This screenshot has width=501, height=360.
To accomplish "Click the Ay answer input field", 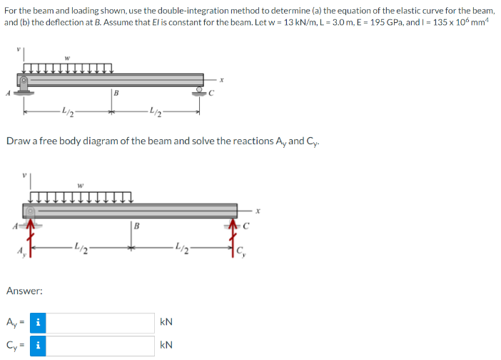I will point(103,322).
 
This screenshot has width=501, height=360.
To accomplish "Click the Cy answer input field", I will point(103,346).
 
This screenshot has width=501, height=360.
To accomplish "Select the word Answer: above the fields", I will point(24,291).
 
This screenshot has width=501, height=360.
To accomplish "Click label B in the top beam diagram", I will point(116,91).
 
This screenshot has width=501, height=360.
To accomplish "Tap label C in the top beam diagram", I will point(212,92).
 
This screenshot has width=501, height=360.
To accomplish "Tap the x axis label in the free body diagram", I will point(261,211).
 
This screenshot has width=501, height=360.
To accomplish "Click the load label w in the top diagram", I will point(66,57).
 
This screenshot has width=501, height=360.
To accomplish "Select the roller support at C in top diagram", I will point(199,91).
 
